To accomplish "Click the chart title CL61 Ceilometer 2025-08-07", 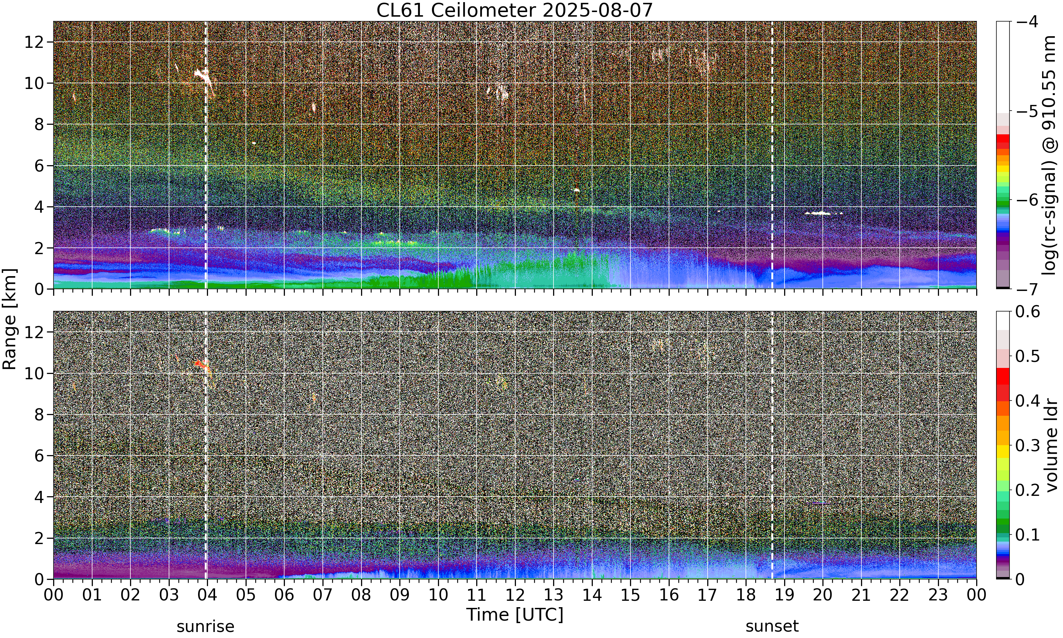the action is click(x=514, y=10).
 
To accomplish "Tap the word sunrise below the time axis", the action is click(x=206, y=626).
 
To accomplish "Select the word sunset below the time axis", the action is click(x=772, y=626).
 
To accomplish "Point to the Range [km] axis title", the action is click(x=10, y=319).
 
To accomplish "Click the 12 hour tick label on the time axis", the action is click(x=515, y=595).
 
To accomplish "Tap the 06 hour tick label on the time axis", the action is click(x=284, y=595).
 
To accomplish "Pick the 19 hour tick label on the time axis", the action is click(x=784, y=595).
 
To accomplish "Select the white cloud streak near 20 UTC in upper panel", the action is click(x=823, y=213).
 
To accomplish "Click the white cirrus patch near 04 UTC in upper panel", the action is click(x=203, y=76).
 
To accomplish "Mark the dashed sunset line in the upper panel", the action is click(x=772, y=155).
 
